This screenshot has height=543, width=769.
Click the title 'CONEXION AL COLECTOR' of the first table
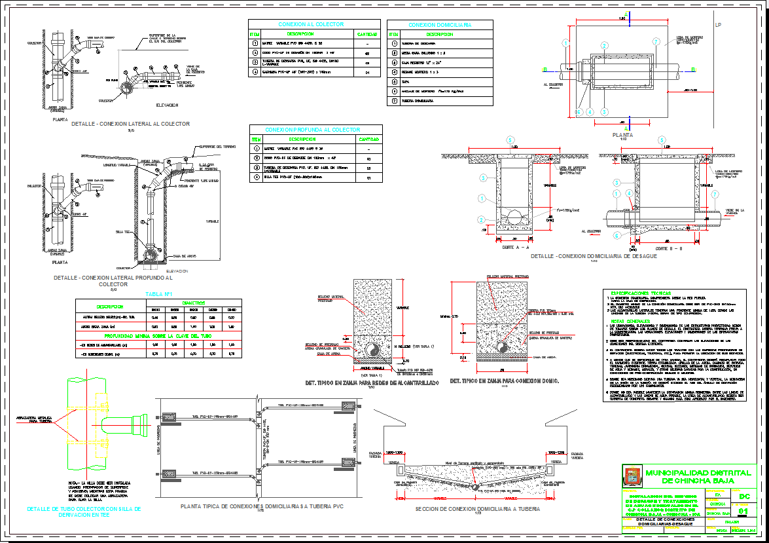coord(311,24)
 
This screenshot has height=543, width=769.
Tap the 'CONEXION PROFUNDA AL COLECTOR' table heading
coord(315,130)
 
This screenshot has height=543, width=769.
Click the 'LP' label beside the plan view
coord(718,25)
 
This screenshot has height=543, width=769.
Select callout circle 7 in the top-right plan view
coord(656,42)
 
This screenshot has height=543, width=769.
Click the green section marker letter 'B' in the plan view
coord(693,69)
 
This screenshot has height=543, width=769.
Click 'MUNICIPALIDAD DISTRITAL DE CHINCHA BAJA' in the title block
coord(696,476)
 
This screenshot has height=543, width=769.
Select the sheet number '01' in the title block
coord(743,510)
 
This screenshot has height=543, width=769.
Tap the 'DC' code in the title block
coord(743,498)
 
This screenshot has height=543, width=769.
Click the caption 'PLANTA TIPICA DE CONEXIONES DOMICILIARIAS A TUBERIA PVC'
coord(260,506)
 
